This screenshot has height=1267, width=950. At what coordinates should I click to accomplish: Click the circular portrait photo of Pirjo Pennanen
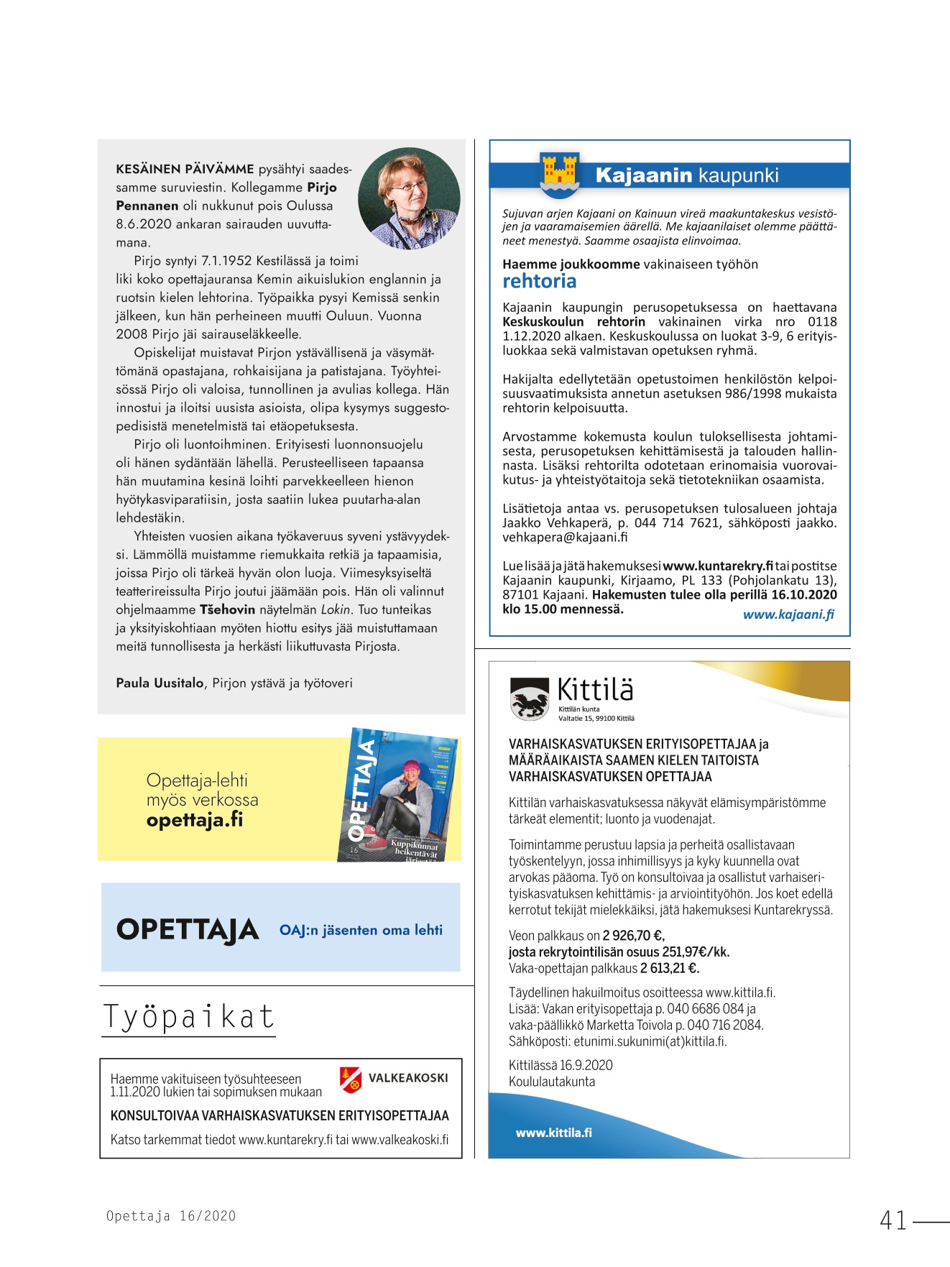[409, 198]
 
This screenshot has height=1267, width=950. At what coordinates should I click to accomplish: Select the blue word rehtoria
[539, 281]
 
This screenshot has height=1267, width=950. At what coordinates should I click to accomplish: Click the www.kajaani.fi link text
[788, 614]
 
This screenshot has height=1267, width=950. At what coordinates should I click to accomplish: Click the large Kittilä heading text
[595, 689]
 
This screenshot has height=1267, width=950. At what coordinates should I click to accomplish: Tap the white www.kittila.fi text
[553, 1133]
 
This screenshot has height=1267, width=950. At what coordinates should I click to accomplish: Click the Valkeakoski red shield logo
[351, 1079]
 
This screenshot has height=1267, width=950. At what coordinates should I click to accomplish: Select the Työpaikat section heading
[188, 1016]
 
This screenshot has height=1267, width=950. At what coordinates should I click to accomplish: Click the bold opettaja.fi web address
[195, 819]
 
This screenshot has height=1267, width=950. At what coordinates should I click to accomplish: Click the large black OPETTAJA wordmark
[187, 929]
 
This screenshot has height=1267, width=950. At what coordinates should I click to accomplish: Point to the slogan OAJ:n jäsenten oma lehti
[361, 930]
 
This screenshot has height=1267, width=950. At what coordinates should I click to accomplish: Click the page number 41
[893, 1220]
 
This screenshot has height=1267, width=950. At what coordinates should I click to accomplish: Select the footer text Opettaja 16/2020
[171, 1216]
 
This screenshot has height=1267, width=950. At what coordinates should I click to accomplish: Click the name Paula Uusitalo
[160, 683]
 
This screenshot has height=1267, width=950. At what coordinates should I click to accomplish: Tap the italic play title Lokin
[336, 609]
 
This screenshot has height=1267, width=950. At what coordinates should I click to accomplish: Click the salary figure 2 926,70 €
[633, 936]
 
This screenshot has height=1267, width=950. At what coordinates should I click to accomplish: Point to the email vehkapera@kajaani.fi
[564, 537]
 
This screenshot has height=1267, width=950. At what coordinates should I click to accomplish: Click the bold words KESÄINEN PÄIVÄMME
[185, 169]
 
